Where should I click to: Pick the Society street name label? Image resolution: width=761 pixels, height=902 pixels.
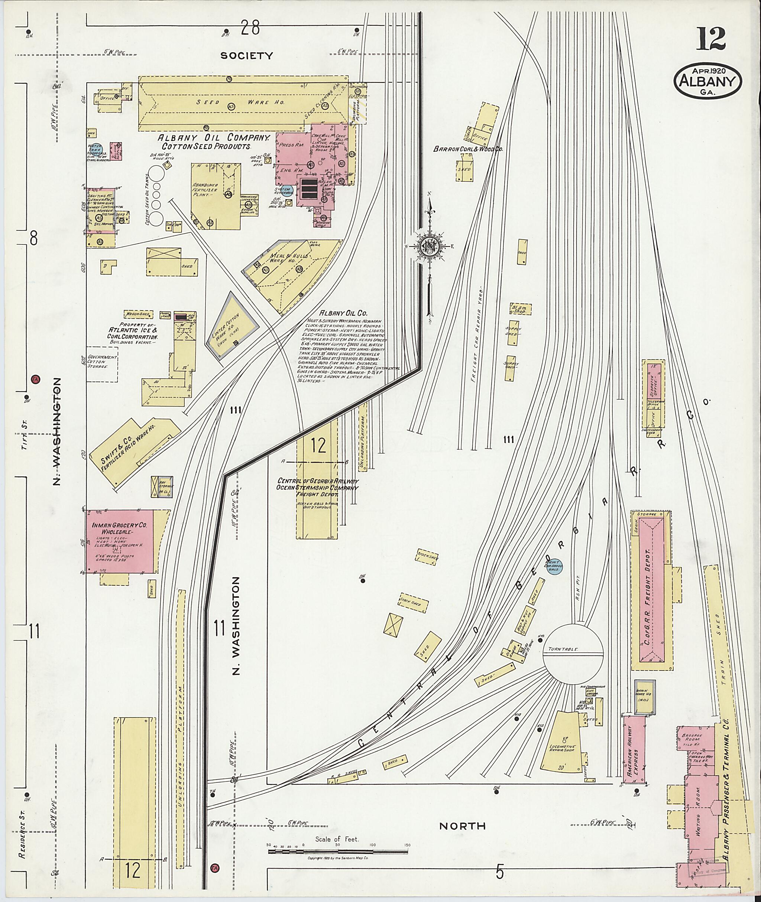point(247,56)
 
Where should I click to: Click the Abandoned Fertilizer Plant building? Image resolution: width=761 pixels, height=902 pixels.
point(216,196)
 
